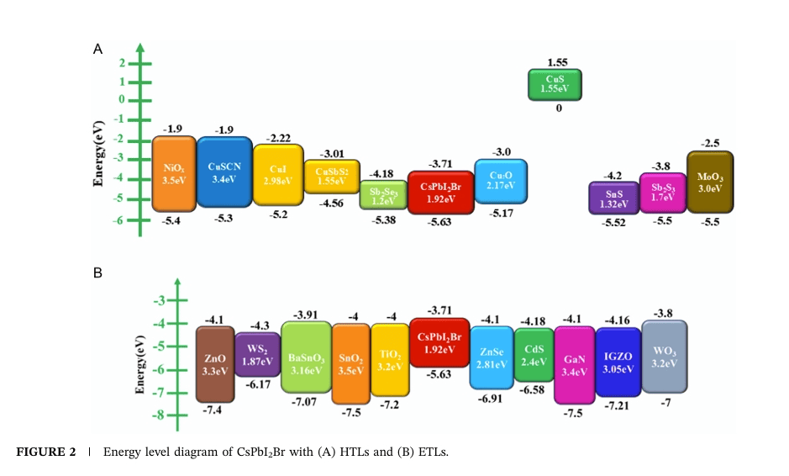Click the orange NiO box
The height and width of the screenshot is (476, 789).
tap(173, 173)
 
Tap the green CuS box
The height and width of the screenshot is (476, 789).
tap(555, 84)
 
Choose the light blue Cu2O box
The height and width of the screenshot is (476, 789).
tap(501, 181)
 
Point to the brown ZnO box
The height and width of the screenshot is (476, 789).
tap(215, 364)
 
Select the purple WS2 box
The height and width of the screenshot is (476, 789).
tap(257, 354)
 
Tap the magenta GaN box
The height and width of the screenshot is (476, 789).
tap(575, 365)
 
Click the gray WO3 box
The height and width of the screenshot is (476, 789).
tap(664, 357)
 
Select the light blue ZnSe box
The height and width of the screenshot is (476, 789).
tap(491, 358)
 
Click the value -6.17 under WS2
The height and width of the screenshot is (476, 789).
tap(259, 384)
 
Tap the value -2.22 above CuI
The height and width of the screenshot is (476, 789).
tap(277, 137)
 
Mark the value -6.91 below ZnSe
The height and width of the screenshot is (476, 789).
tap(490, 399)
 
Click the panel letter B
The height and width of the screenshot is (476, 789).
tap(97, 273)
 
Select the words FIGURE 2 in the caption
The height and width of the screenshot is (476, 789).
tap(47, 452)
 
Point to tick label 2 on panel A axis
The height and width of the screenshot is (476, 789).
tap(123, 63)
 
